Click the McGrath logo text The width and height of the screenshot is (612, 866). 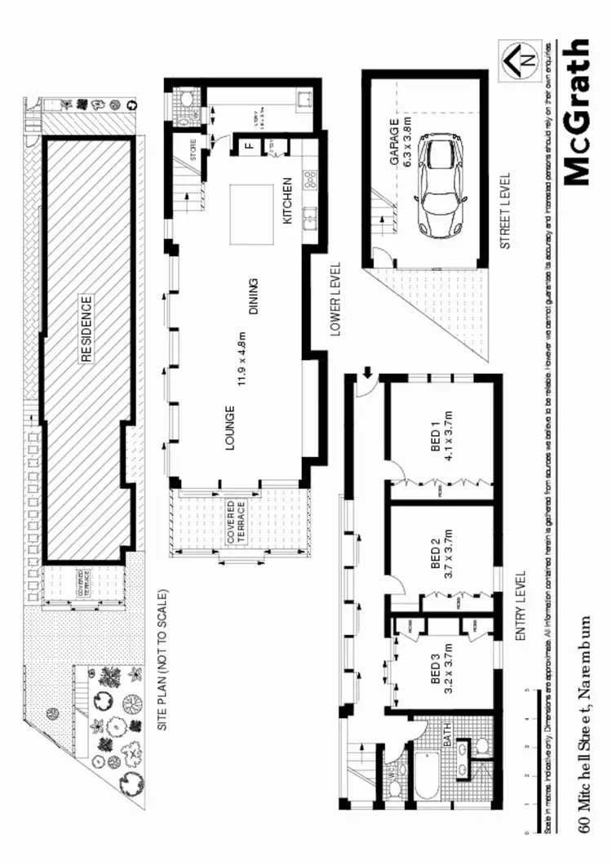(576, 112)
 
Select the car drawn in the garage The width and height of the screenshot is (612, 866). (440, 184)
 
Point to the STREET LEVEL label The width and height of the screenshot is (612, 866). (504, 211)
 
